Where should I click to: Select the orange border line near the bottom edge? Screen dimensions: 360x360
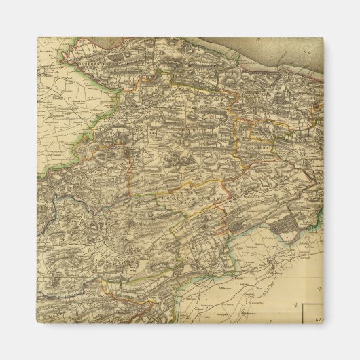(136, 299)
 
